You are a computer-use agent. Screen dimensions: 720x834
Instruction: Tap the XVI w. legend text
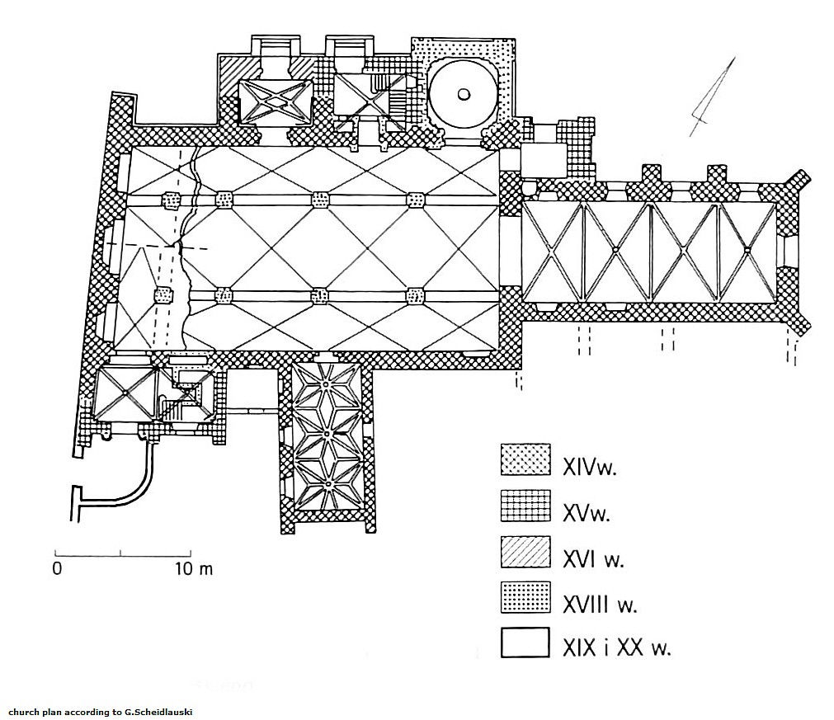click(593, 560)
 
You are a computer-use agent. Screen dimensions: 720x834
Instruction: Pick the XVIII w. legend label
click(600, 605)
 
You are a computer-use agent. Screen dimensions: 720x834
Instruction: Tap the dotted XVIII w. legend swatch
click(525, 598)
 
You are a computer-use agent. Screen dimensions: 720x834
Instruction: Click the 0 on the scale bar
click(57, 568)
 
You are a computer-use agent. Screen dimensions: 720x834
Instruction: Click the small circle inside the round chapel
click(464, 93)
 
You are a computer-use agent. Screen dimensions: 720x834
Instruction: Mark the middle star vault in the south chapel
click(327, 433)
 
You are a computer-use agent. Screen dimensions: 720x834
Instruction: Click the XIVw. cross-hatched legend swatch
click(525, 460)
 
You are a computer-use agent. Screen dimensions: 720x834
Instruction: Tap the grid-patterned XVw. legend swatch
click(525, 506)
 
